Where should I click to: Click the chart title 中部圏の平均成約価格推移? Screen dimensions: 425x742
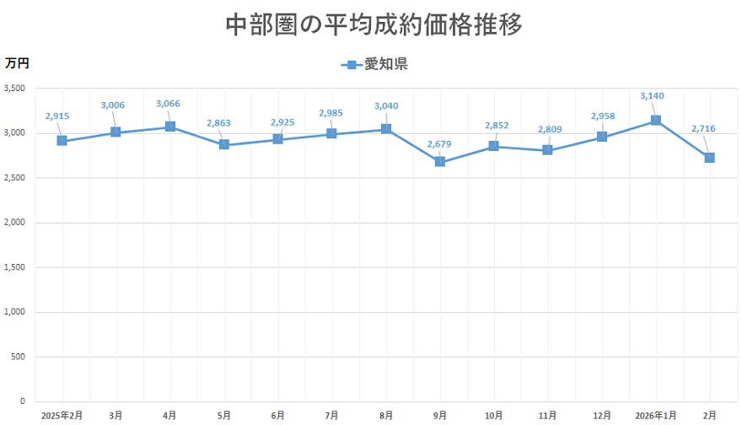pyautogui.click(x=374, y=24)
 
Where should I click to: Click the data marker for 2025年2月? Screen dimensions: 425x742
pyautogui.click(x=62, y=141)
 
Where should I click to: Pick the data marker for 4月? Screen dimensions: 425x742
pyautogui.click(x=170, y=126)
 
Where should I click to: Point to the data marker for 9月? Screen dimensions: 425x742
pyautogui.click(x=440, y=162)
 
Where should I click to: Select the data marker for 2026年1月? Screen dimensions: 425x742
pyautogui.click(x=656, y=121)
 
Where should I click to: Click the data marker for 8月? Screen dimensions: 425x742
pyautogui.click(x=386, y=129)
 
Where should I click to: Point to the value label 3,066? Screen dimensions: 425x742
pyautogui.click(x=168, y=104)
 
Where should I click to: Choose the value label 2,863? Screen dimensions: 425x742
pyautogui.click(x=219, y=123)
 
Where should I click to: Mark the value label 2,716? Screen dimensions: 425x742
pyautogui.click(x=703, y=128)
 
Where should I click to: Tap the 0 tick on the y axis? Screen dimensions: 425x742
pyautogui.click(x=23, y=401)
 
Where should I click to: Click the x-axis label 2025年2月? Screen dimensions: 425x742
pyautogui.click(x=62, y=415)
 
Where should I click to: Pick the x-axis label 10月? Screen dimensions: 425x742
pyautogui.click(x=494, y=415)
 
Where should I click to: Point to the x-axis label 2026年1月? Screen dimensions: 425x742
pyautogui.click(x=656, y=415)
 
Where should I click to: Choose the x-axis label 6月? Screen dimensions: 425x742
pyautogui.click(x=278, y=415)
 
